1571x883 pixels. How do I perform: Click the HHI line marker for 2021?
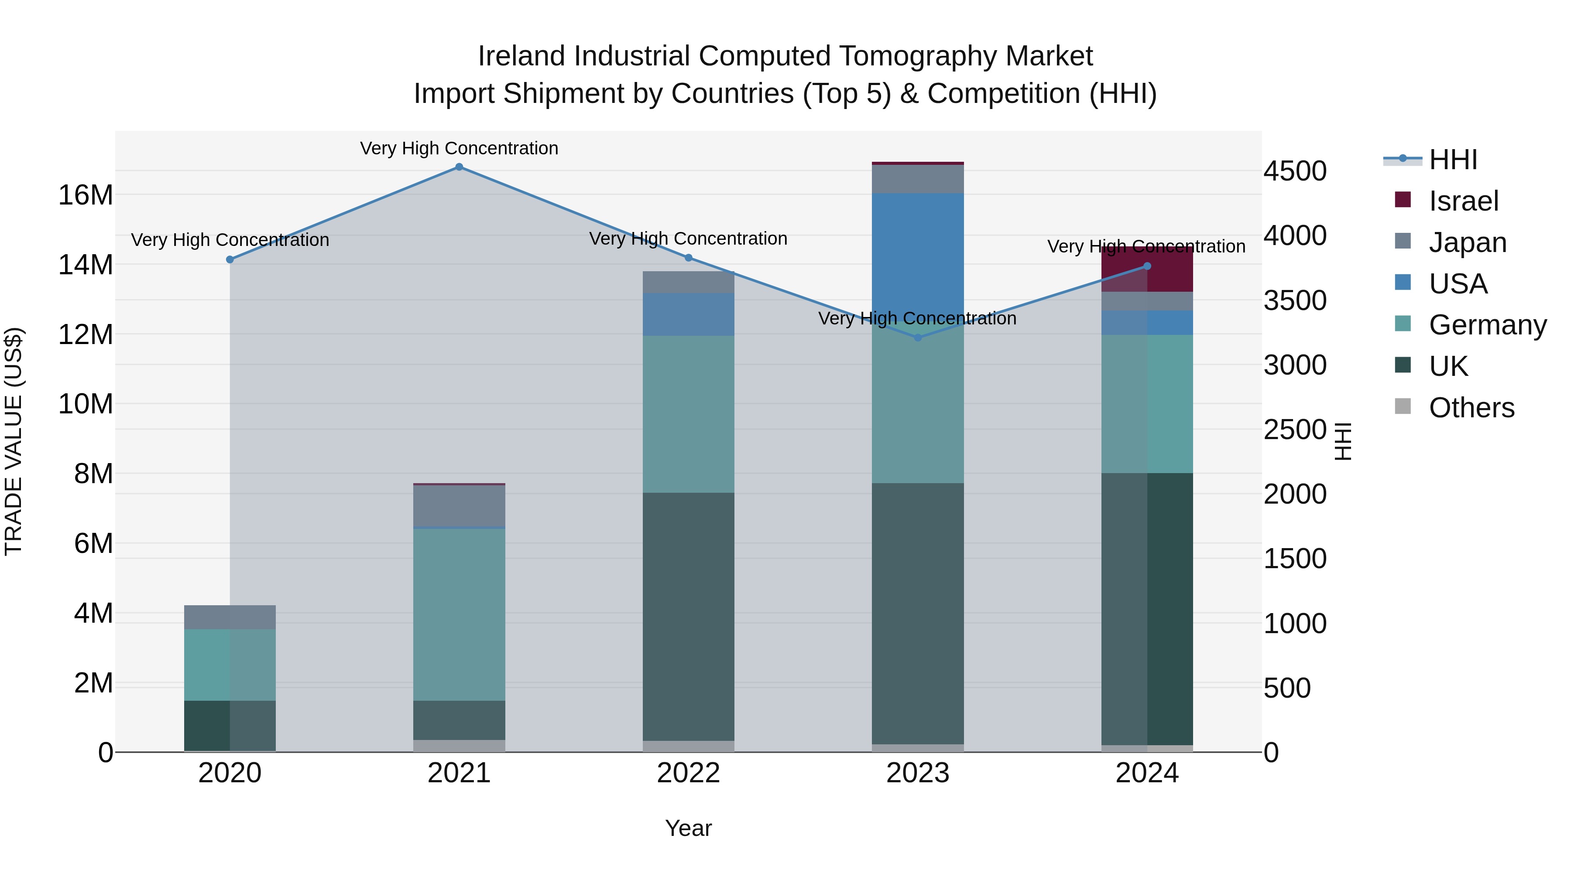coord(459,167)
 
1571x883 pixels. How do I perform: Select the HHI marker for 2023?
coord(918,338)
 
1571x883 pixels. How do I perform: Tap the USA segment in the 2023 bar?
coord(918,256)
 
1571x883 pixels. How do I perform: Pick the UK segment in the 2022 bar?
coord(689,615)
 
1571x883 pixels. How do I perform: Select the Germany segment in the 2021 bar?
coord(459,614)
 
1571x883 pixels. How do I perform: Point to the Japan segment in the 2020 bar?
coord(230,617)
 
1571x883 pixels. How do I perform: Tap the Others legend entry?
coord(1471,408)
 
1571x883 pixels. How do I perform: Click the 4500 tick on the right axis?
coord(1294,171)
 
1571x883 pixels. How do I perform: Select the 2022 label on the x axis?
coord(689,773)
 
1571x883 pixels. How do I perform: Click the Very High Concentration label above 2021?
coord(459,148)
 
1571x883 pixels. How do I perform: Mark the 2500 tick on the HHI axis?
coord(1294,430)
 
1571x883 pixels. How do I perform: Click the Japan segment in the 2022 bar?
coord(689,282)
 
